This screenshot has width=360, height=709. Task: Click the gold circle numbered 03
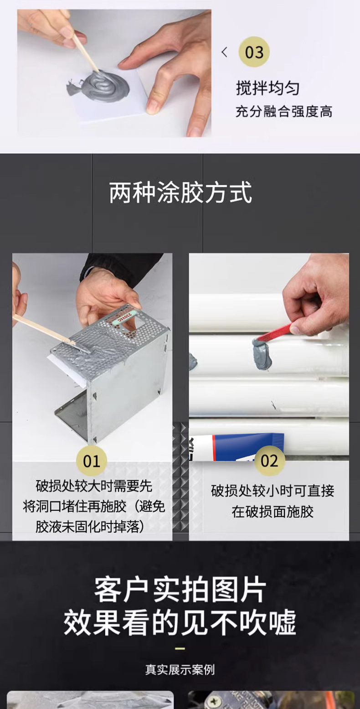point(254,52)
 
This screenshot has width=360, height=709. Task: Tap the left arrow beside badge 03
point(224,52)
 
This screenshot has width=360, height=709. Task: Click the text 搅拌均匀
point(267,88)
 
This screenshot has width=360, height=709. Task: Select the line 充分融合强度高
point(283,111)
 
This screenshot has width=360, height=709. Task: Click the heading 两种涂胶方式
point(180,192)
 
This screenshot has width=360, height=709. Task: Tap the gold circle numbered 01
point(91,461)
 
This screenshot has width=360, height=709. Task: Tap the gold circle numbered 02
point(269,461)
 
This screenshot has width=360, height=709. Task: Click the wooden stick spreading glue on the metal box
point(43,329)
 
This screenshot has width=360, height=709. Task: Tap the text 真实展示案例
point(180,670)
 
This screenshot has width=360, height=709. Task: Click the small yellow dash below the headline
point(180,648)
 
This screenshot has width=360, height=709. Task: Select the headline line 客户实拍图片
point(180,591)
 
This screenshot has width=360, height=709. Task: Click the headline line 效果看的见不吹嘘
point(180,622)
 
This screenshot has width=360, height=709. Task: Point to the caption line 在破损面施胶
point(272,512)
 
